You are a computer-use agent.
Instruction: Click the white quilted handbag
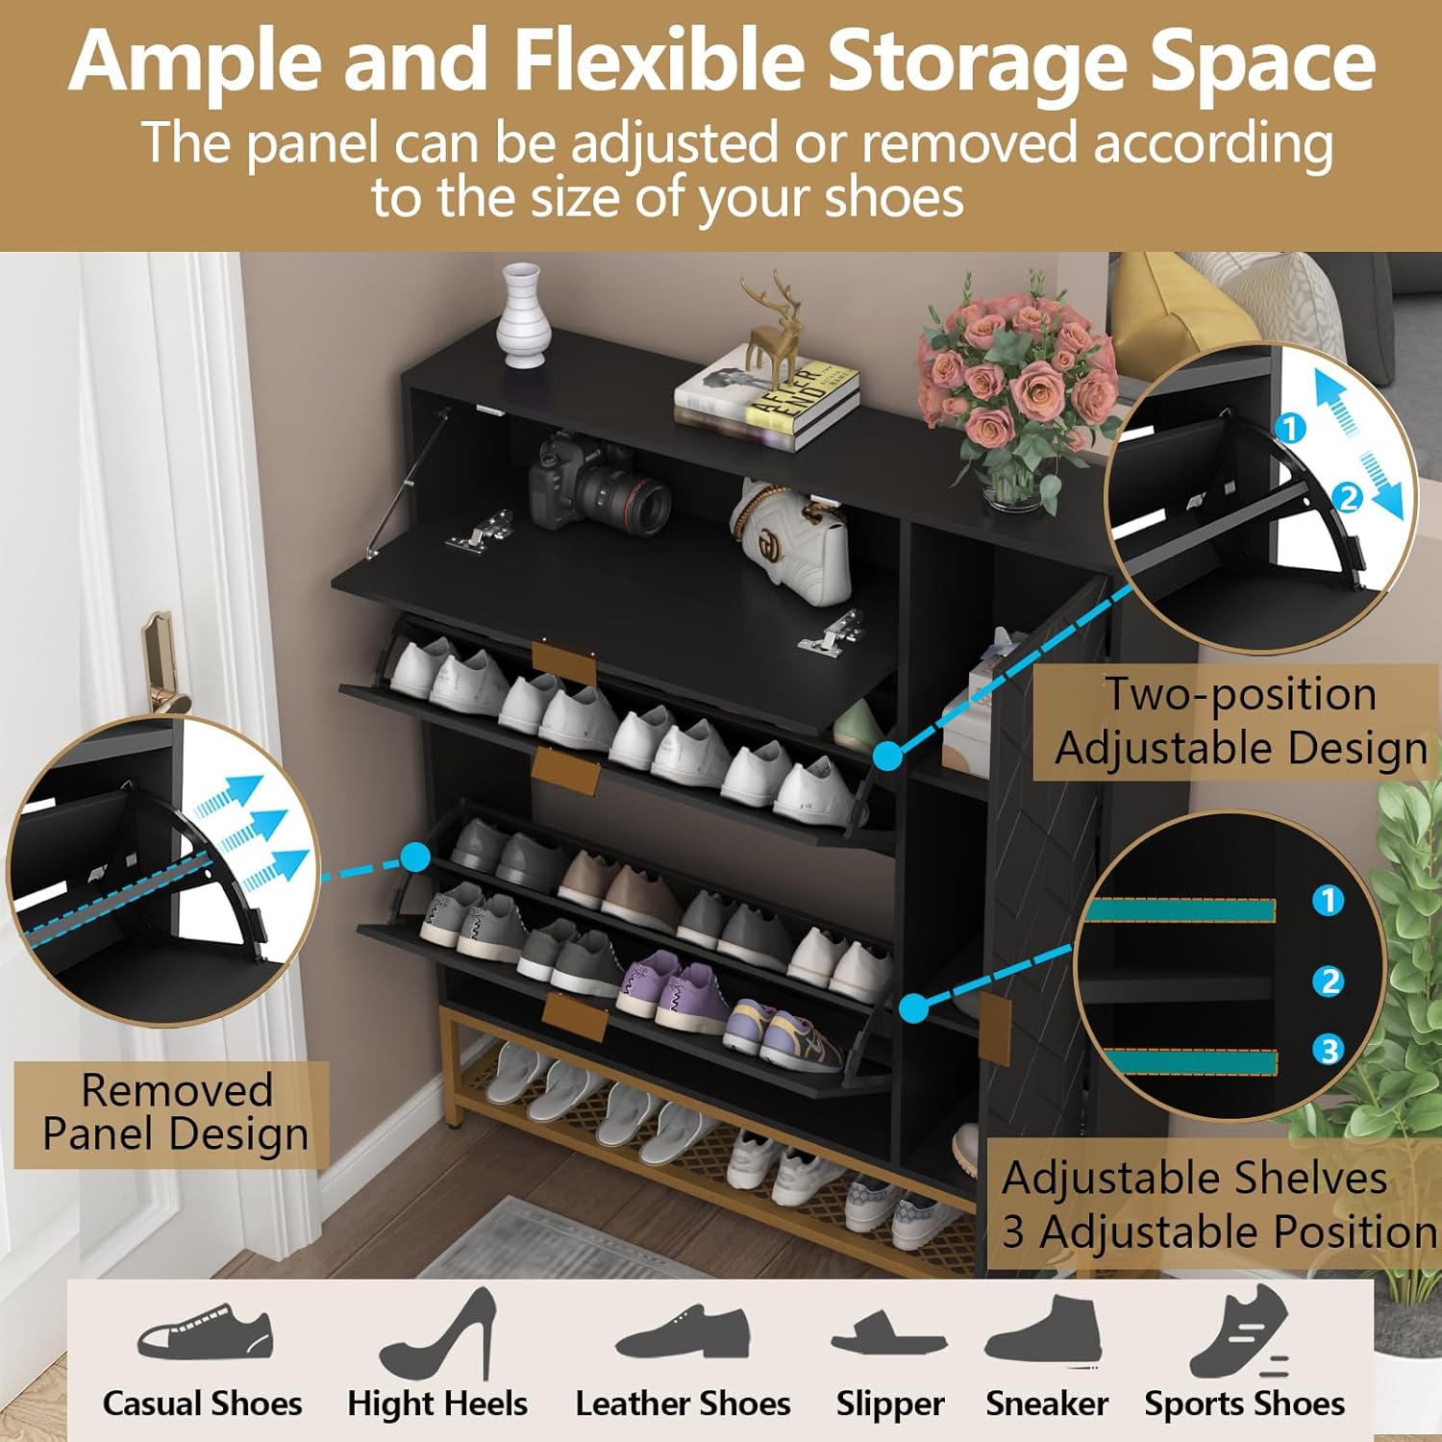[793, 543]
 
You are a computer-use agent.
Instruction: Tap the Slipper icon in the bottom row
[888, 1335]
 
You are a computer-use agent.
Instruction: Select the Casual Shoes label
[202, 1404]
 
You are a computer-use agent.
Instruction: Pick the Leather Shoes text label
[683, 1404]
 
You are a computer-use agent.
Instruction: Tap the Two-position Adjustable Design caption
[1239, 721]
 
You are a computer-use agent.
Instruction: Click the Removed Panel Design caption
[176, 1112]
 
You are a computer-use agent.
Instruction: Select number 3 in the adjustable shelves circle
[1329, 1049]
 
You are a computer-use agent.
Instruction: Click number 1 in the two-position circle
[1291, 428]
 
